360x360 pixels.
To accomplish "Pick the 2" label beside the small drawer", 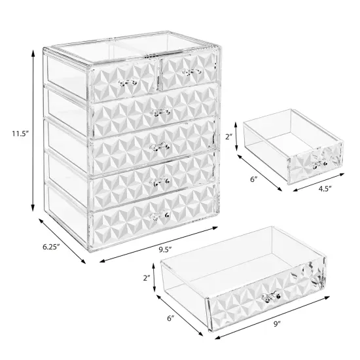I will pos(228,137).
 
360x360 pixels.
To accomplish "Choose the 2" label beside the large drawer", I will pos(149,278).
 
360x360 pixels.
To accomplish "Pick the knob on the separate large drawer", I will pos(269,299).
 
